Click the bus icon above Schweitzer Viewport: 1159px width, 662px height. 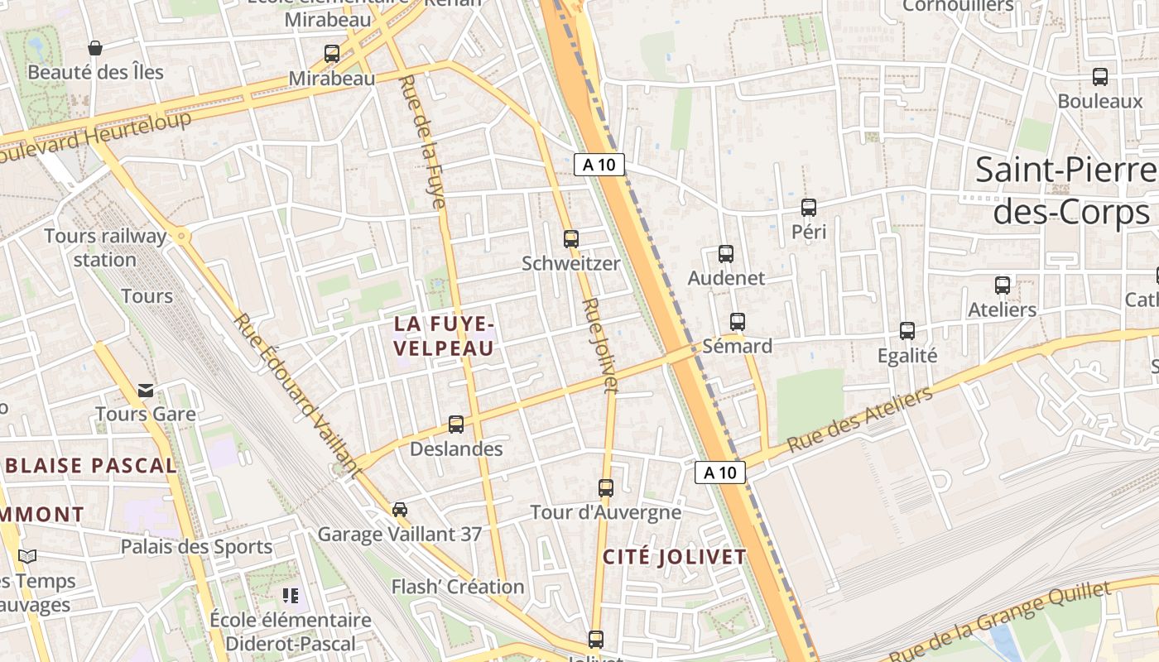[570, 239]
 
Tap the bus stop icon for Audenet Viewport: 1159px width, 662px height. [726, 254]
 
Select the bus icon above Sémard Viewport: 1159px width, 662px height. [737, 322]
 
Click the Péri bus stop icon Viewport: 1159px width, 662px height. [809, 208]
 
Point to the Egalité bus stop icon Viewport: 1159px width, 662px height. [907, 331]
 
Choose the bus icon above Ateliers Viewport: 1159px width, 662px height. [1003, 285]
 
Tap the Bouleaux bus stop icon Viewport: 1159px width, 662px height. [1100, 77]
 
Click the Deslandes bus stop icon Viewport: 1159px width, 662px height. [456, 425]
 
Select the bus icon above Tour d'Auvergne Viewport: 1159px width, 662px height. [606, 488]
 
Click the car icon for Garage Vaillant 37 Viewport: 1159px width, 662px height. [400, 509]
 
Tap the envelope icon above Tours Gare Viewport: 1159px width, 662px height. [146, 390]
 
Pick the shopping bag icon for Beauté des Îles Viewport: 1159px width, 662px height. [95, 48]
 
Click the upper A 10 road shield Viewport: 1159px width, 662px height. [599, 164]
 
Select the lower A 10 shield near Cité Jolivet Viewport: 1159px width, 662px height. [719, 473]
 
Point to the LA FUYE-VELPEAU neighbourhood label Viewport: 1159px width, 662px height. [444, 335]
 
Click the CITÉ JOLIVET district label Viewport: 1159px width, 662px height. [674, 557]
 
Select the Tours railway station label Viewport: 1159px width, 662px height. [105, 247]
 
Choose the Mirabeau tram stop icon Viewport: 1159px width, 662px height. [332, 54]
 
